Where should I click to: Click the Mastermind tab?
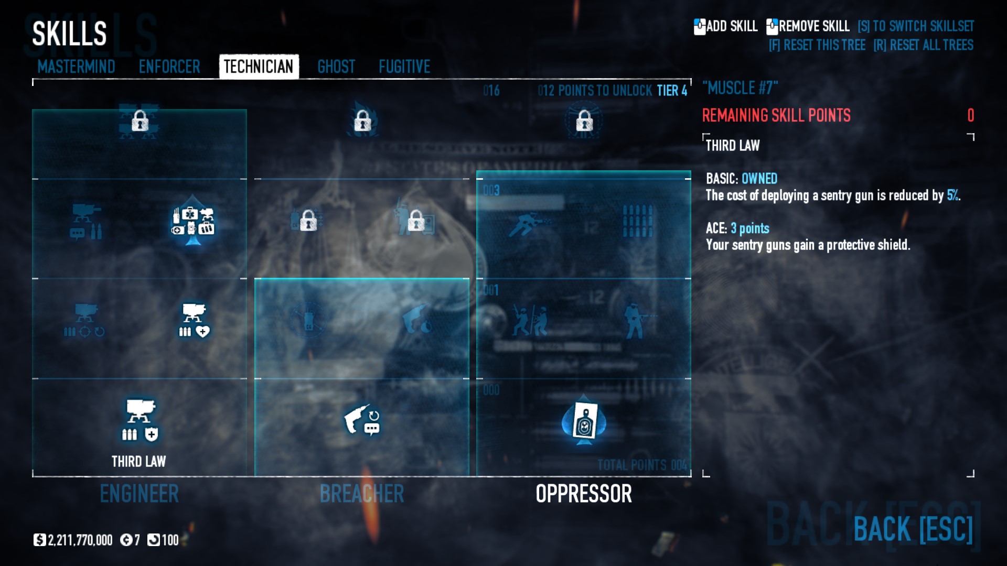point(76,67)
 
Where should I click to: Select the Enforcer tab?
point(169,67)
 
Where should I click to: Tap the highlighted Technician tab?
point(259,67)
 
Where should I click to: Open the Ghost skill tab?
point(336,67)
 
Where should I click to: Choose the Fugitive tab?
point(404,67)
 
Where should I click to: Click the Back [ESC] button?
point(913,529)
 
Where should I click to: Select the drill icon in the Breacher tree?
point(361,420)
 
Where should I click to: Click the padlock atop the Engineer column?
point(140,121)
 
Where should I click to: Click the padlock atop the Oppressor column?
point(584,121)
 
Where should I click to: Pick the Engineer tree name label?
point(140,494)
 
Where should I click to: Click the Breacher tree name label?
point(362,494)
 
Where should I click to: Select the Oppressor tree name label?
point(584,494)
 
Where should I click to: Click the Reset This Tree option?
point(817,45)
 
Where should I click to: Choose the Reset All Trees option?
point(923,45)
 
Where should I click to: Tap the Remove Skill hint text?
point(813,26)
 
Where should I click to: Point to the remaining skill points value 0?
point(970,115)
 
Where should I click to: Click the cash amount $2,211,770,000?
point(74,540)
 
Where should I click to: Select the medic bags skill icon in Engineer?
point(193,222)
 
